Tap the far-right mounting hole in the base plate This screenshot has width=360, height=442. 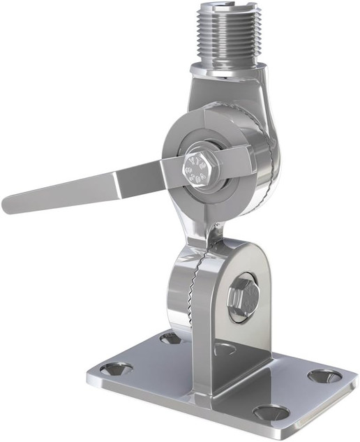pyautogui.click(x=324, y=376)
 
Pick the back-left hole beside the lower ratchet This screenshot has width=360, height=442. pyautogui.click(x=170, y=338)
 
